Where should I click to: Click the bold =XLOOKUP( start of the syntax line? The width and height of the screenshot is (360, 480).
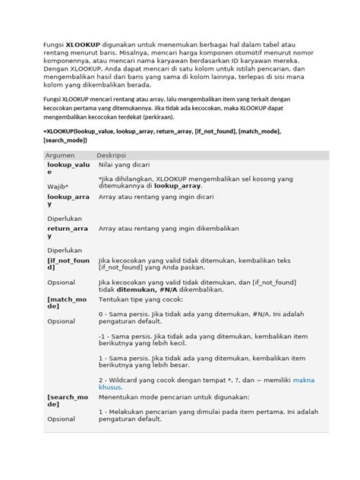(67, 132)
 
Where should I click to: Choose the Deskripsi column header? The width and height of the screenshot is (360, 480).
(111, 155)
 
